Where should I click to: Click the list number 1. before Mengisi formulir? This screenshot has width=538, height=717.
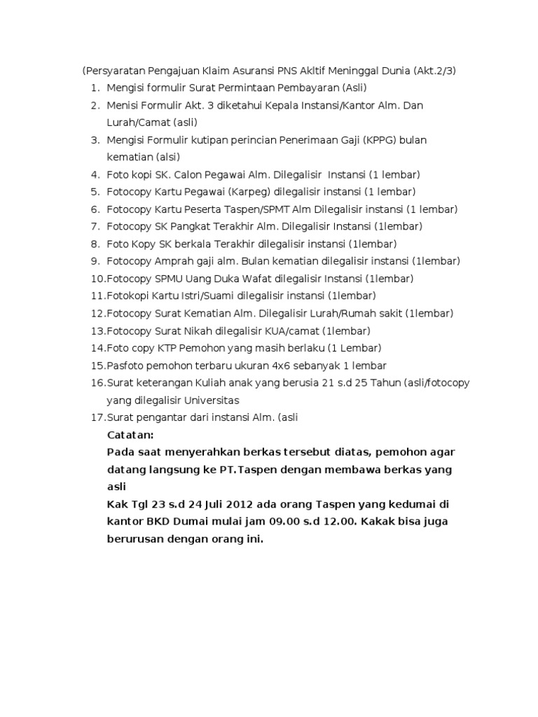(95, 88)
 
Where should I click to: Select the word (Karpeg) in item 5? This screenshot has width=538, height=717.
(248, 192)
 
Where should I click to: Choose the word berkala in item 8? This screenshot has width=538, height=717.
(195, 244)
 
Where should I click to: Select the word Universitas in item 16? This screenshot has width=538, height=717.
(211, 401)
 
